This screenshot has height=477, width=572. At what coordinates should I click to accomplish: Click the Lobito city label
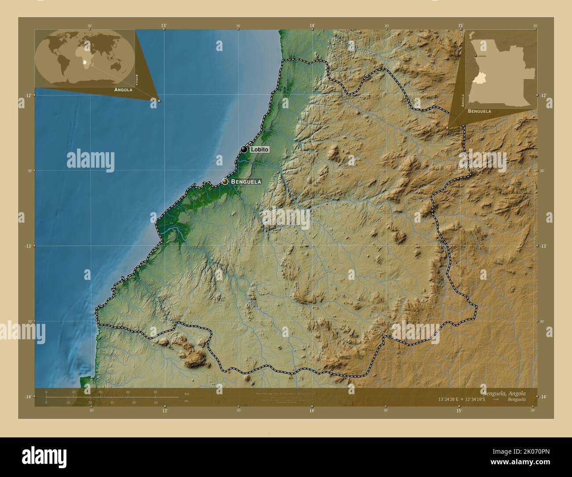(x=259, y=150)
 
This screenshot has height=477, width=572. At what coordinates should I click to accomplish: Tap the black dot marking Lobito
(x=244, y=149)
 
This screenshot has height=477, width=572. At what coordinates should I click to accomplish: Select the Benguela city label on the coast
(x=246, y=181)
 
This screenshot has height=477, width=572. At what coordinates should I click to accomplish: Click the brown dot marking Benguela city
(x=225, y=181)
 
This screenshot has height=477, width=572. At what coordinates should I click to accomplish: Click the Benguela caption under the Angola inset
(x=480, y=111)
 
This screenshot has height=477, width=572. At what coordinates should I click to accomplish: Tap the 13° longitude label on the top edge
(x=164, y=26)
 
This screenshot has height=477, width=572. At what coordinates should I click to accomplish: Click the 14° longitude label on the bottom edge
(x=312, y=411)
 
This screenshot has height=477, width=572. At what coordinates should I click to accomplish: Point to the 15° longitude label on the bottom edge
(x=459, y=411)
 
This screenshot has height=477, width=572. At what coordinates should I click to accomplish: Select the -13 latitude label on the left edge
(x=28, y=246)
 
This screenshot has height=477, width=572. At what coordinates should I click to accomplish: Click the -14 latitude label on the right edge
(x=543, y=397)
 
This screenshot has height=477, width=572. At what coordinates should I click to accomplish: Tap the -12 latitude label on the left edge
(x=28, y=95)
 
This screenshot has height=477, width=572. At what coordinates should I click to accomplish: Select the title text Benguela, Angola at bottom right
(x=503, y=393)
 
